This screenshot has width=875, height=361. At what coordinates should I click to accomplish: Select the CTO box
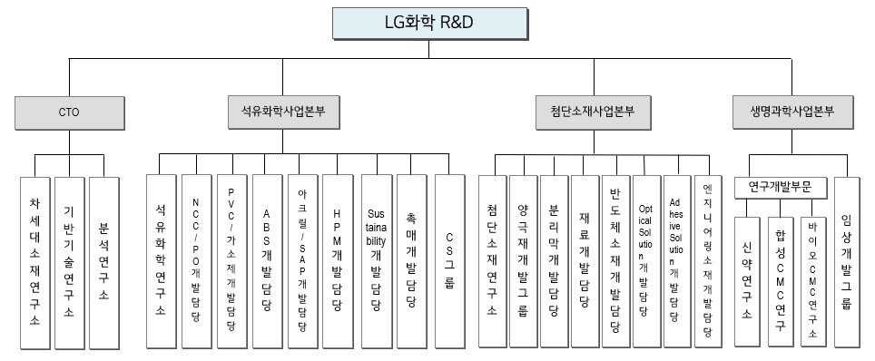coord(68,113)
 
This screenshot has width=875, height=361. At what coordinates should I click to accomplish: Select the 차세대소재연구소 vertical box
coord(34,262)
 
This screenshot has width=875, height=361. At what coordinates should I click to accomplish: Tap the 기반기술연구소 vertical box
coord(69,262)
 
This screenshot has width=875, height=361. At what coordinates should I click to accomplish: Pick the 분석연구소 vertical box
coord(103,262)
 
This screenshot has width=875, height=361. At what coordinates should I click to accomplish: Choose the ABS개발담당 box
coord(267,259)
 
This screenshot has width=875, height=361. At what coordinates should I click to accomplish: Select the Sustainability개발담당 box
coord(376,259)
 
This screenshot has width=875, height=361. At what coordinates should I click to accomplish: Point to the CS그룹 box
coord(448,259)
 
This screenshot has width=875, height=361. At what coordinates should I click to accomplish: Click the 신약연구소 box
coord(747,281)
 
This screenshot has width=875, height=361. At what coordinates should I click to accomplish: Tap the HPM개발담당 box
coord(338,259)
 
